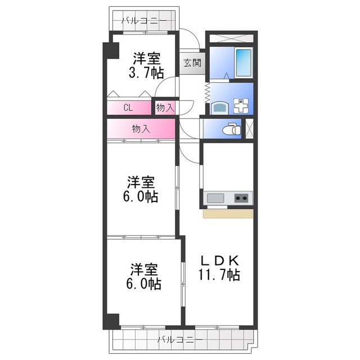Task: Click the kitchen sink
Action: [x=215, y=198]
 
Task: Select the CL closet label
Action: [x=128, y=107]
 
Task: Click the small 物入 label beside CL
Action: [x=164, y=107]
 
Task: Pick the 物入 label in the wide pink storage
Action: [x=141, y=128]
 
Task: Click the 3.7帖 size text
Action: [x=146, y=72]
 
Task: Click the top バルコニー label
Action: [x=144, y=21]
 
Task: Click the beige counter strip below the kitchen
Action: [x=228, y=214]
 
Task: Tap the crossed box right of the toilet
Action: [x=250, y=128]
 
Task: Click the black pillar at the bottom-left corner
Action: [x=110, y=320]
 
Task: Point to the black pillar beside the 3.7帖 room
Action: [x=111, y=51]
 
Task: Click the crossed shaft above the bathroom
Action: [x=230, y=38]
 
